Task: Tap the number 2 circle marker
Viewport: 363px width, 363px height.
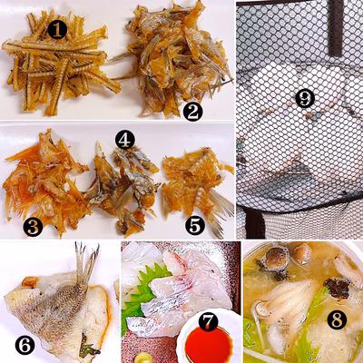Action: pos(192,112)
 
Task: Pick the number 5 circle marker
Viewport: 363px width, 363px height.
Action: pos(195,225)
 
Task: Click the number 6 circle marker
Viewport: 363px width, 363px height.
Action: pos(25,345)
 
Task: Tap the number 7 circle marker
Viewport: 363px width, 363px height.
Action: pos(210,322)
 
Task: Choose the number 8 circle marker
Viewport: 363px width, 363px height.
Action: pos(337,319)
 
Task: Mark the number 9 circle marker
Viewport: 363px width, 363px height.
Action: pos(305,98)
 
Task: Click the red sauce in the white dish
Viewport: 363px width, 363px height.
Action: pos(209,346)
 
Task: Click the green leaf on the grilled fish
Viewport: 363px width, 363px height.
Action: pos(89,350)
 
